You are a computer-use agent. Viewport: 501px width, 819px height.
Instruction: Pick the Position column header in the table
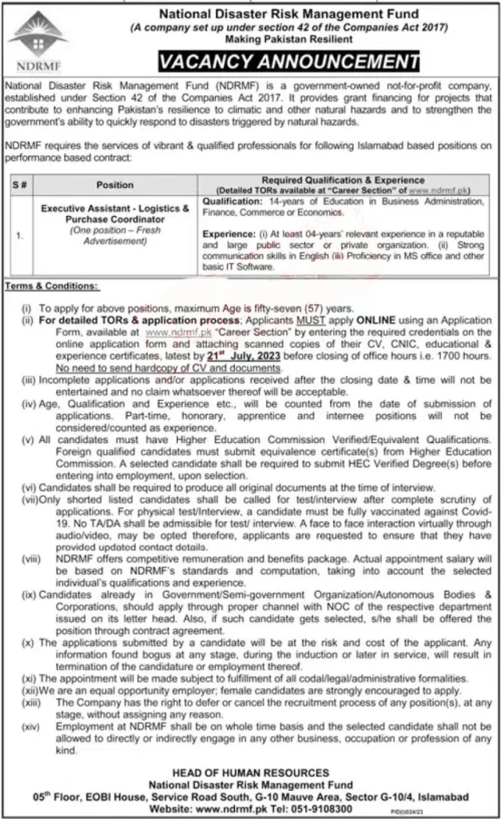(115, 184)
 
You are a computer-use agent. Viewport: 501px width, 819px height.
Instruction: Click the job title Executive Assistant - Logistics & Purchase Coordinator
(115, 212)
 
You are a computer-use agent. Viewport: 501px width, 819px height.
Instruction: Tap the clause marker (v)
(26, 439)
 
